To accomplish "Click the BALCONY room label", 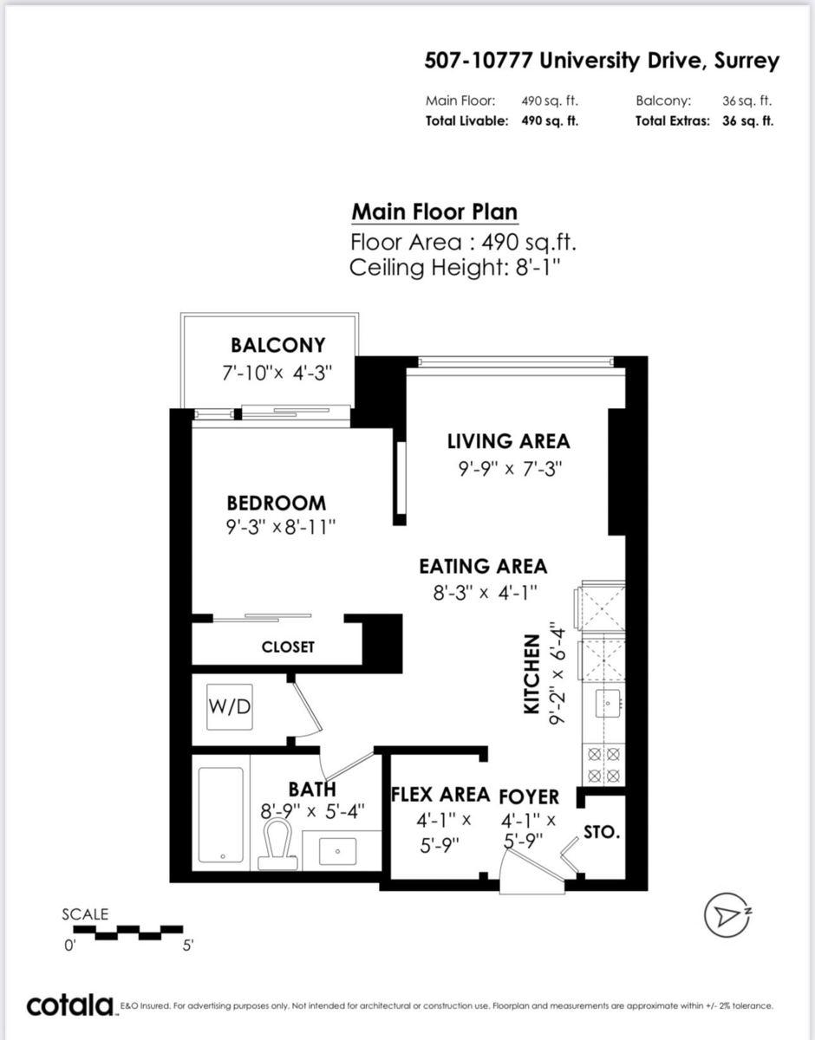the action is pos(278,345).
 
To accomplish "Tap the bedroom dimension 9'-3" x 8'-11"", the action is pos(281,528).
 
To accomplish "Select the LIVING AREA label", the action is pos(509,441).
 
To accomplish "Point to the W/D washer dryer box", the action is pos(230,706).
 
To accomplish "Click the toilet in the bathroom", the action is pos(275,844).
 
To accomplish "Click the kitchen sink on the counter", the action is pos(608,703).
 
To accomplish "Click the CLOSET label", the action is pos(288,647).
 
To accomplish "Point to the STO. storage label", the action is pos(602,832).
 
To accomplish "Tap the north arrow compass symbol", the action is pos(727,916).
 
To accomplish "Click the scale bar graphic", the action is pos(127,933).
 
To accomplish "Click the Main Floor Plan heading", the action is pos(434,212).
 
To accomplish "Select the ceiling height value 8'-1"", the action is pos(538,268).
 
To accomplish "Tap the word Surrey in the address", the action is pos(747,62).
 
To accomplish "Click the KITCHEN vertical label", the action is pos(531,674).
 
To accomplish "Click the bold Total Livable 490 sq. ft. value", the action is pos(550,121).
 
